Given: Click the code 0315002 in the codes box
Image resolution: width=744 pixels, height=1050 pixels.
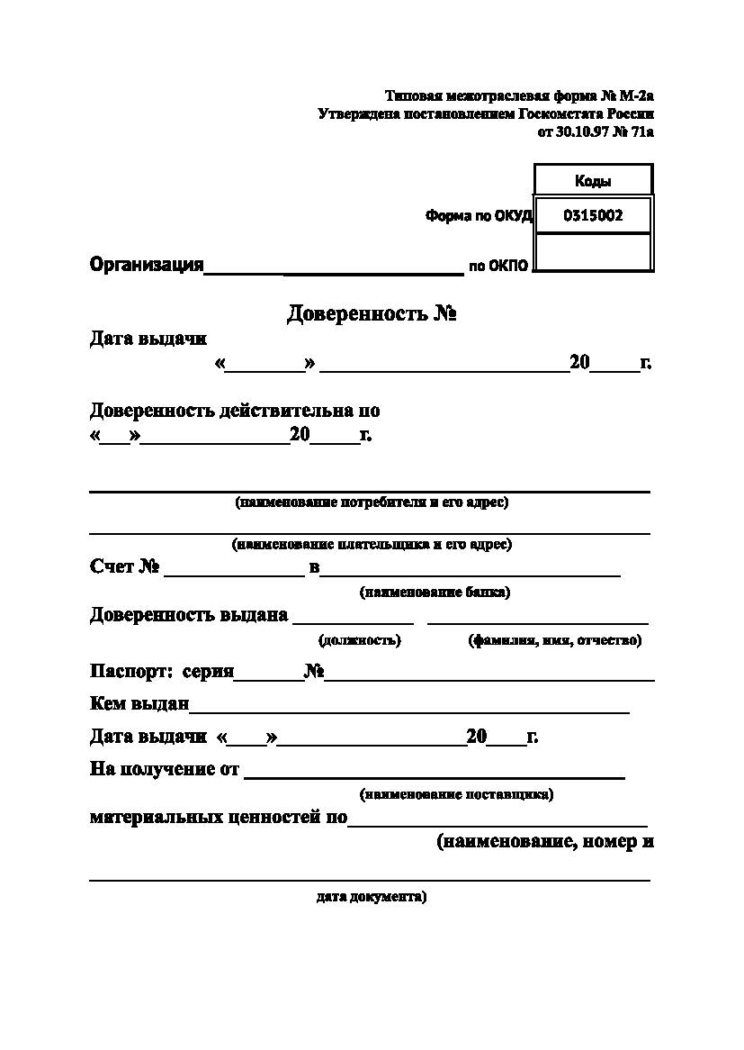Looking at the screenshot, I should point(593,216).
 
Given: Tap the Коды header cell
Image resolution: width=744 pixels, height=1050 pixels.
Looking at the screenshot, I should point(593,181).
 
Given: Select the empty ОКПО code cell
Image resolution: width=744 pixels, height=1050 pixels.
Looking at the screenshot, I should point(593,252).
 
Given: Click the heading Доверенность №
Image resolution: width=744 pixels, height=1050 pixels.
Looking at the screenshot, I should point(373,313).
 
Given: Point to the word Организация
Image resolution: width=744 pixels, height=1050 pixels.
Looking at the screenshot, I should point(147,265).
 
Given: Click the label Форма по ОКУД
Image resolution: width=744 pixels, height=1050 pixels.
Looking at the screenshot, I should point(479,216).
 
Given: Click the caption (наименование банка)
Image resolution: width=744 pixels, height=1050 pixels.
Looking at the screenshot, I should point(435,593).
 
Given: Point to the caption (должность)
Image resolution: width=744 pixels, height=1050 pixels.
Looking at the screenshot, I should point(360,640).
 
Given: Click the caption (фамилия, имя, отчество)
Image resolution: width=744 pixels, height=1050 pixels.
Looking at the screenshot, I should point(554,640).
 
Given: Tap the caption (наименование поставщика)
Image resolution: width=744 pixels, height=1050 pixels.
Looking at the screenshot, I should point(456,794).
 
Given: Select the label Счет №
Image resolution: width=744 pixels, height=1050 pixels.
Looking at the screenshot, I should point(125,566).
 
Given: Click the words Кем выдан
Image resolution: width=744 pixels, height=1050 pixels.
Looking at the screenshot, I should point(139,703).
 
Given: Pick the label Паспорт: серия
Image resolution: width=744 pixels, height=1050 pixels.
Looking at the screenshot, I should point(162,672).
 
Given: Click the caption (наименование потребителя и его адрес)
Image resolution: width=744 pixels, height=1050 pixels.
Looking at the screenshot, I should point(372,502).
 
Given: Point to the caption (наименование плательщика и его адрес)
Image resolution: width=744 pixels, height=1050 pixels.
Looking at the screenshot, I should point(372,544).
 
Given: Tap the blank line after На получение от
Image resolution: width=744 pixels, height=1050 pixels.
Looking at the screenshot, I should point(435,773).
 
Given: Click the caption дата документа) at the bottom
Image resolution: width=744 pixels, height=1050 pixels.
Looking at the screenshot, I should point(372,897).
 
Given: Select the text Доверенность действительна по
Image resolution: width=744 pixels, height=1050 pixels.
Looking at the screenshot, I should point(235,411).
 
